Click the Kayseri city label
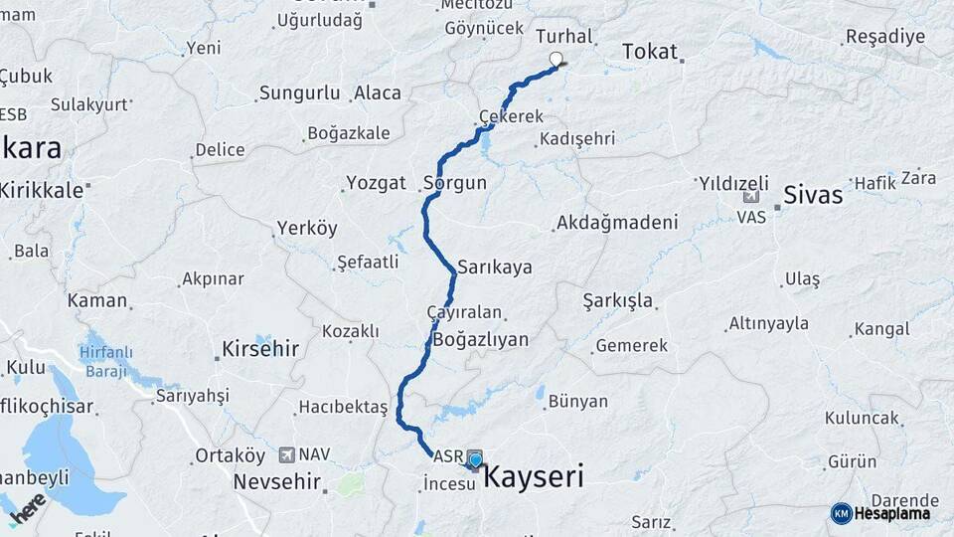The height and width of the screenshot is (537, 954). point(533,477)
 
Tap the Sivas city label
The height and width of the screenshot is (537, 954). point(813,195)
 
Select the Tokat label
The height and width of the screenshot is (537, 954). point(650,52)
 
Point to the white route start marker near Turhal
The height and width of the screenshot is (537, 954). point(556,59)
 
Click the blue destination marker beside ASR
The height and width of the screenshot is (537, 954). point(476,459)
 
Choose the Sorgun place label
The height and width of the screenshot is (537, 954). point(455,183)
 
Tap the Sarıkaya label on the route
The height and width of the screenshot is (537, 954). point(495,268)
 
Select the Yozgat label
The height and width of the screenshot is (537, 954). point(376,183)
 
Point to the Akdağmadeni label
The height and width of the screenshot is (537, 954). point(617,223)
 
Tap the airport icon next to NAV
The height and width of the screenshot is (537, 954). point(287,454)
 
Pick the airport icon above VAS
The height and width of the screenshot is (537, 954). point(750,198)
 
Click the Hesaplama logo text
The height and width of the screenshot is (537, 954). point(892,513)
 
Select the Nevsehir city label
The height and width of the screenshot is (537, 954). point(277,482)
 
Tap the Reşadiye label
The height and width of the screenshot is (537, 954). point(885,37)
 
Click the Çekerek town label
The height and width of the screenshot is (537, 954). point(511,116)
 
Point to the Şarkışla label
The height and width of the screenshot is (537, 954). point(617,300)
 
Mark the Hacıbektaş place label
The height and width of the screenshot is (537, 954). point(343,408)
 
